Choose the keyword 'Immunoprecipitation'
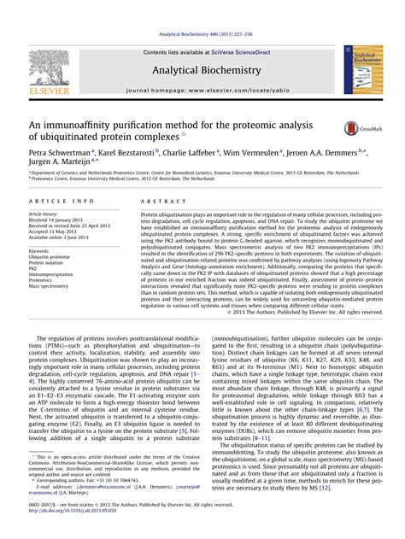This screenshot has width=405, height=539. click(51, 273)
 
